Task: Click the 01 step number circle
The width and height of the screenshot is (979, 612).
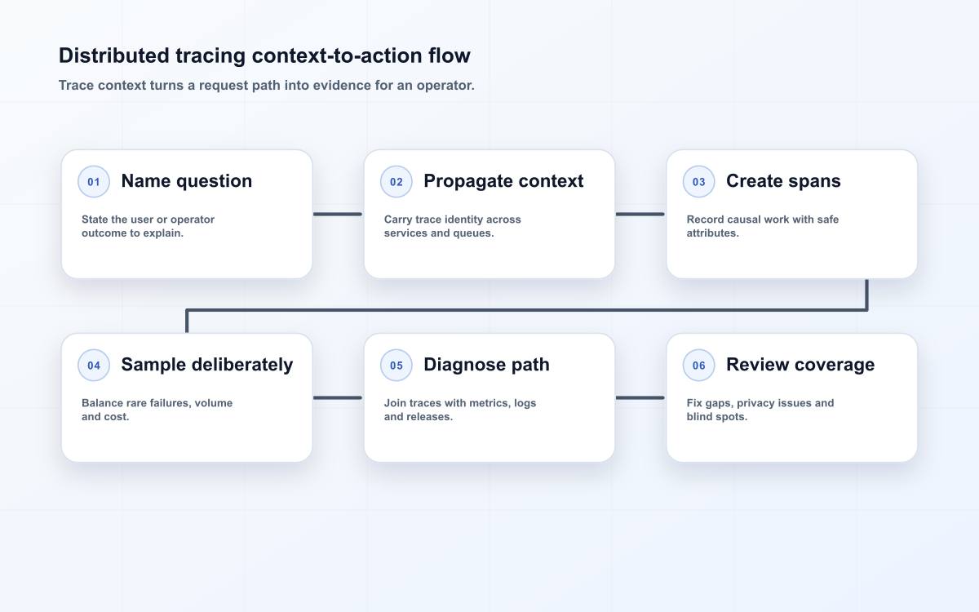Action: (x=94, y=181)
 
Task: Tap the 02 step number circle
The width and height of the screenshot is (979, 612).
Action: (x=396, y=181)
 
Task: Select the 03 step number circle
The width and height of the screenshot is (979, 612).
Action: (x=698, y=181)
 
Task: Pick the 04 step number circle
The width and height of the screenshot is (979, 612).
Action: (x=94, y=365)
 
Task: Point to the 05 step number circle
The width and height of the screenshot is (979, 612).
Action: (x=396, y=365)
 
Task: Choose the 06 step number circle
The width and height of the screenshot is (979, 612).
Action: (x=698, y=365)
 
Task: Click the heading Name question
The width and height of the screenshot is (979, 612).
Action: (x=187, y=181)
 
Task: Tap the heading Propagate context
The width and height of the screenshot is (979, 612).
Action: (x=503, y=181)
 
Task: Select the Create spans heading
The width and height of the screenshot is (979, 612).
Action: (x=783, y=181)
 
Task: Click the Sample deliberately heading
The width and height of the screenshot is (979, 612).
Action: (x=206, y=365)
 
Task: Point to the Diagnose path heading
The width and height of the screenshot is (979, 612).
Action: (x=486, y=365)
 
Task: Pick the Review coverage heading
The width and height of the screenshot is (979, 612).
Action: (x=800, y=365)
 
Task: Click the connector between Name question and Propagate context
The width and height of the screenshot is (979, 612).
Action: (x=338, y=214)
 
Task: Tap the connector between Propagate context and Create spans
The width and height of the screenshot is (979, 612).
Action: (x=640, y=214)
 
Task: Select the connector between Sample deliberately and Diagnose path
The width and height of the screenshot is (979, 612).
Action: (x=338, y=398)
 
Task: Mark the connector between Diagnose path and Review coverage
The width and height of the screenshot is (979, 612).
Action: (x=640, y=398)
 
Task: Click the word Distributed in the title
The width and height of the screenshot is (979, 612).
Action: (x=114, y=55)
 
